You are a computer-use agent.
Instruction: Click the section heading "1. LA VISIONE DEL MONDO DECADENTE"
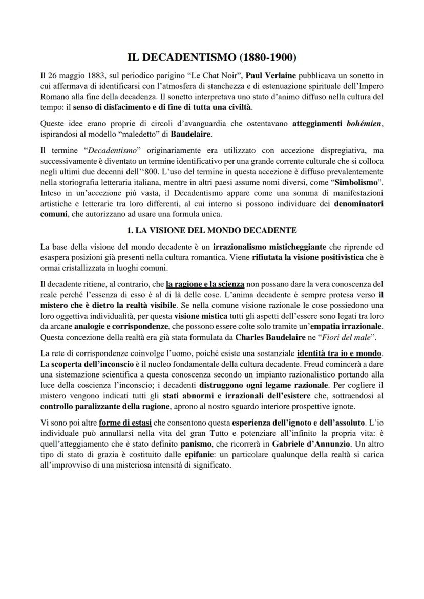click(211, 230)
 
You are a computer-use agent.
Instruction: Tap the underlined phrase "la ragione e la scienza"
click(205, 283)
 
